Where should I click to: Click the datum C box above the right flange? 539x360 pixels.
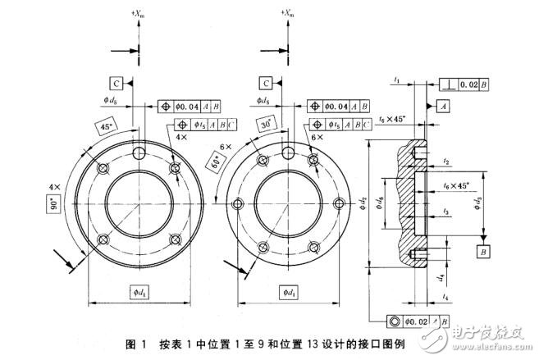tap(267, 84)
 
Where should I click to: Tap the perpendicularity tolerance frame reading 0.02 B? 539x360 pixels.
tap(465, 84)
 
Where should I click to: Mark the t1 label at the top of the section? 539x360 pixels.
tap(396, 80)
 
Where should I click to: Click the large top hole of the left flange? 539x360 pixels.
tap(139, 153)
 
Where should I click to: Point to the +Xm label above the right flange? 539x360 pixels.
tap(287, 13)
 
